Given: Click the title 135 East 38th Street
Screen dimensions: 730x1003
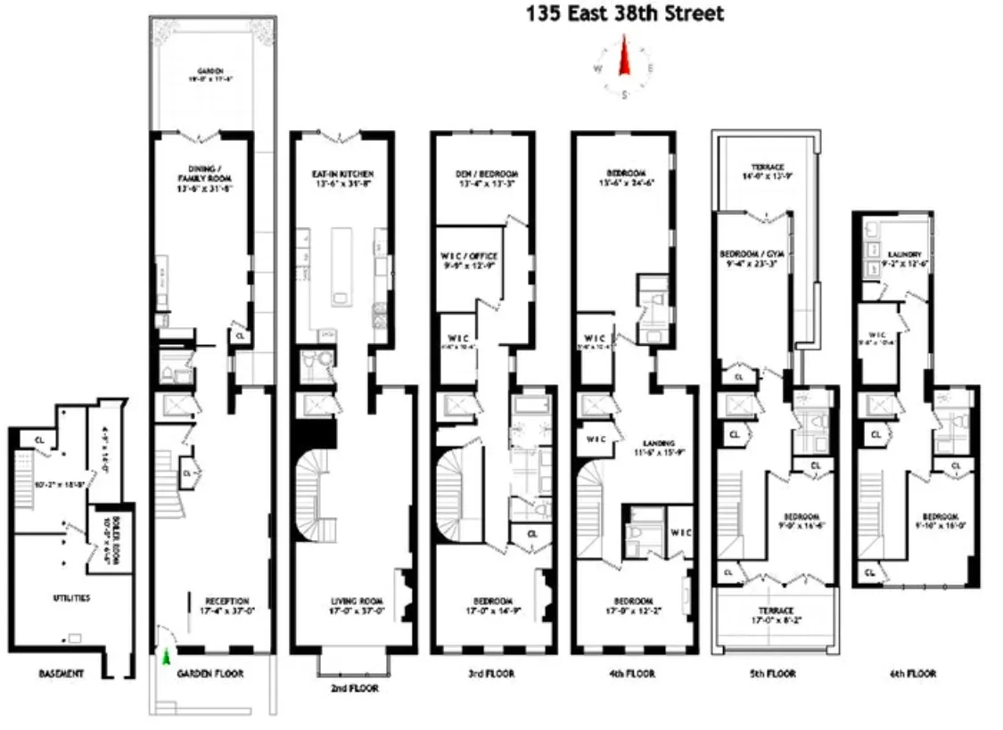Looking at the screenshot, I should click(624, 13).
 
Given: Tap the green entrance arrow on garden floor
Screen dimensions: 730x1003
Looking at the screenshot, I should click(166, 657).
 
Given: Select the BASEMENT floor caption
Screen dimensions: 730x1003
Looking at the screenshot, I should click(61, 674).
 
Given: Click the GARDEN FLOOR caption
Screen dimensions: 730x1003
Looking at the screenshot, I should click(210, 674).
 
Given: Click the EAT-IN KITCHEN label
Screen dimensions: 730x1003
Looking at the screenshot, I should click(342, 174).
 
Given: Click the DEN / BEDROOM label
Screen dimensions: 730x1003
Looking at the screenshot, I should click(486, 174).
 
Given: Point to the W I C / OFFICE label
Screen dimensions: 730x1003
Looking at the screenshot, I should click(469, 250).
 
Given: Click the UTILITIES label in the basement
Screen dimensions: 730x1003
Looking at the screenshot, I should click(71, 597).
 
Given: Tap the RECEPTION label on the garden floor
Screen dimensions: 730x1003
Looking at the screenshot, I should click(226, 600).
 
